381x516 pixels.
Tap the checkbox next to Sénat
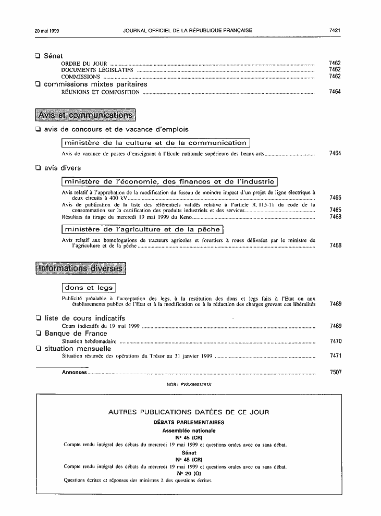(38, 55)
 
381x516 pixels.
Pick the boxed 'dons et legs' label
(89, 288)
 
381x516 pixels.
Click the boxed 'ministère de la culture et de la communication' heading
(156, 143)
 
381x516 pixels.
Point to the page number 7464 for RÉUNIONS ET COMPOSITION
(335, 92)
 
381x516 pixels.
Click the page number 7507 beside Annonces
(335, 373)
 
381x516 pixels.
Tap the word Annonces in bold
(74, 373)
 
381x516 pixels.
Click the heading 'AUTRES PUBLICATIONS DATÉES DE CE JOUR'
(189, 412)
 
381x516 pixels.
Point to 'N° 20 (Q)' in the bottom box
(189, 473)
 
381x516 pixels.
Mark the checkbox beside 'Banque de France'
(38, 334)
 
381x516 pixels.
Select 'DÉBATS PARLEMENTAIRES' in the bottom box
(189, 422)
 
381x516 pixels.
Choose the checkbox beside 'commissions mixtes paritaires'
(38, 84)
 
